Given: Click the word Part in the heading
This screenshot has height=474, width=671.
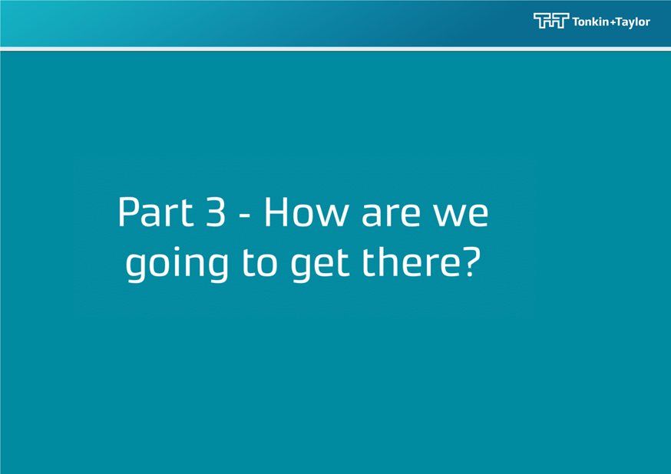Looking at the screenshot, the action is pos(156,211).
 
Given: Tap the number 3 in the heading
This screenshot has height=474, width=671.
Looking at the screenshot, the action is pos(215,211).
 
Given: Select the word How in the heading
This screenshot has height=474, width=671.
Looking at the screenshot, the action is pos(306,211).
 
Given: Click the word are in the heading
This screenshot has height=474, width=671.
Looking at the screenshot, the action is pos(391,215).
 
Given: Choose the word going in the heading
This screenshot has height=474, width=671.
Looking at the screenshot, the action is pos(177,263).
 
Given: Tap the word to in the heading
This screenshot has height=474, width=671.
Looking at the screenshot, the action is pos(259,262).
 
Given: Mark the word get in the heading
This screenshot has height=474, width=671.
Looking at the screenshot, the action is pos(320,264).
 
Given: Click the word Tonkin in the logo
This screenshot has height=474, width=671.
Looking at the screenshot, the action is pos(590,21).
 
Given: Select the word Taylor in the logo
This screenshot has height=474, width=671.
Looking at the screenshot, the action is pos(633,23).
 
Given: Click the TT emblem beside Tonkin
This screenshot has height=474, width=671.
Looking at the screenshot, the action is pos(551,21).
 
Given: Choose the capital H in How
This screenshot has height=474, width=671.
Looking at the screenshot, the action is pos(277,211).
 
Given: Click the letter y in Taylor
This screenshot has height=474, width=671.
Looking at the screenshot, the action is pos(631,24).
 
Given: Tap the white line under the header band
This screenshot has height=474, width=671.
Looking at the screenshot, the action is pos(335,49).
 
